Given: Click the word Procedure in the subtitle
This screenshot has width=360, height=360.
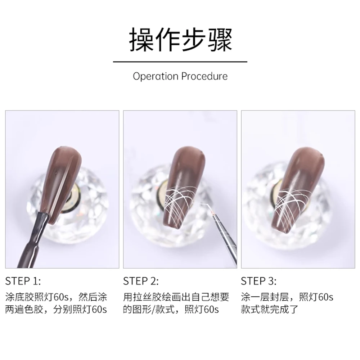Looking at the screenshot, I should tap(204, 76).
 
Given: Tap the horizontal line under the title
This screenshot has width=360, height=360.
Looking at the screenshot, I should tap(180, 62).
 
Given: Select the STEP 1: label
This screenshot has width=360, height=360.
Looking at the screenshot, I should tap(23, 281).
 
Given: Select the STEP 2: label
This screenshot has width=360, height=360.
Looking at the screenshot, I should tap(141, 281).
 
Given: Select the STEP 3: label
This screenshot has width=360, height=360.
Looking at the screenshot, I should tap(258, 281).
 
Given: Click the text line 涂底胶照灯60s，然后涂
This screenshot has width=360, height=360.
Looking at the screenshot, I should tap(57, 297).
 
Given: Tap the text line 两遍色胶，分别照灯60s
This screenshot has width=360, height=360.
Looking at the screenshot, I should tap(57, 310).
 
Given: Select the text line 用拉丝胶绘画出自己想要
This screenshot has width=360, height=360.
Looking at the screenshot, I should tap(176, 297).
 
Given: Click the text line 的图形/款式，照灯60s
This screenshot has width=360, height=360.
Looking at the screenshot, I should tap(171, 310).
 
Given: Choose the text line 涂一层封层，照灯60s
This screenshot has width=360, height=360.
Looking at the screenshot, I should tap(287, 297).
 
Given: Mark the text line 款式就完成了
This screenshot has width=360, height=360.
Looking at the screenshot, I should tap(270, 310).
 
